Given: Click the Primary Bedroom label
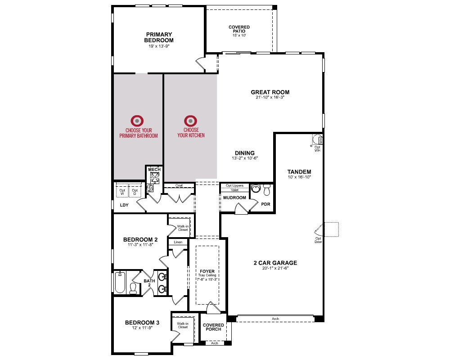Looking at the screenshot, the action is click(x=159, y=37).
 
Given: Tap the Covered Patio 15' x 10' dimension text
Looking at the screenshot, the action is click(x=239, y=36).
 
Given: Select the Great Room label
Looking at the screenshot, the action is click(x=270, y=92).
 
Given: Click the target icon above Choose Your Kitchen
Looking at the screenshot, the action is click(x=190, y=121).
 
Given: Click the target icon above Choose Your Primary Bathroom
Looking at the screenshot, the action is click(x=137, y=121).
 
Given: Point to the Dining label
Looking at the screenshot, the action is click(x=245, y=153).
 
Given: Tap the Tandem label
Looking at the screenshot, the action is click(x=299, y=171).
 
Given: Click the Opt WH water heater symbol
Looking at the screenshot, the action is click(x=317, y=139).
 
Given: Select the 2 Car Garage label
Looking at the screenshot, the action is click(x=275, y=263).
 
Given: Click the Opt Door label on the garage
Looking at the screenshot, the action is click(x=318, y=240).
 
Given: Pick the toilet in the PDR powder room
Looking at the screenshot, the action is click(x=267, y=190).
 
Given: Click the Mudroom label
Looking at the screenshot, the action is click(x=234, y=198).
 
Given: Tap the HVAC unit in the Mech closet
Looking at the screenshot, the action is click(x=154, y=178).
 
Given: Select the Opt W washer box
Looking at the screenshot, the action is click(x=122, y=191).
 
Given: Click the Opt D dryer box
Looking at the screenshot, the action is click(x=135, y=191).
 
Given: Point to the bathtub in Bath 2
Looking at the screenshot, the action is click(x=120, y=283).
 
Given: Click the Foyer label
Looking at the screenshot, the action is click(x=207, y=271).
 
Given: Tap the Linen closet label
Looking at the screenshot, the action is click(x=178, y=242).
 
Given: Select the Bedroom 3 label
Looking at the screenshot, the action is click(x=142, y=323).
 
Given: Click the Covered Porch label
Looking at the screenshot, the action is click(x=213, y=327).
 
